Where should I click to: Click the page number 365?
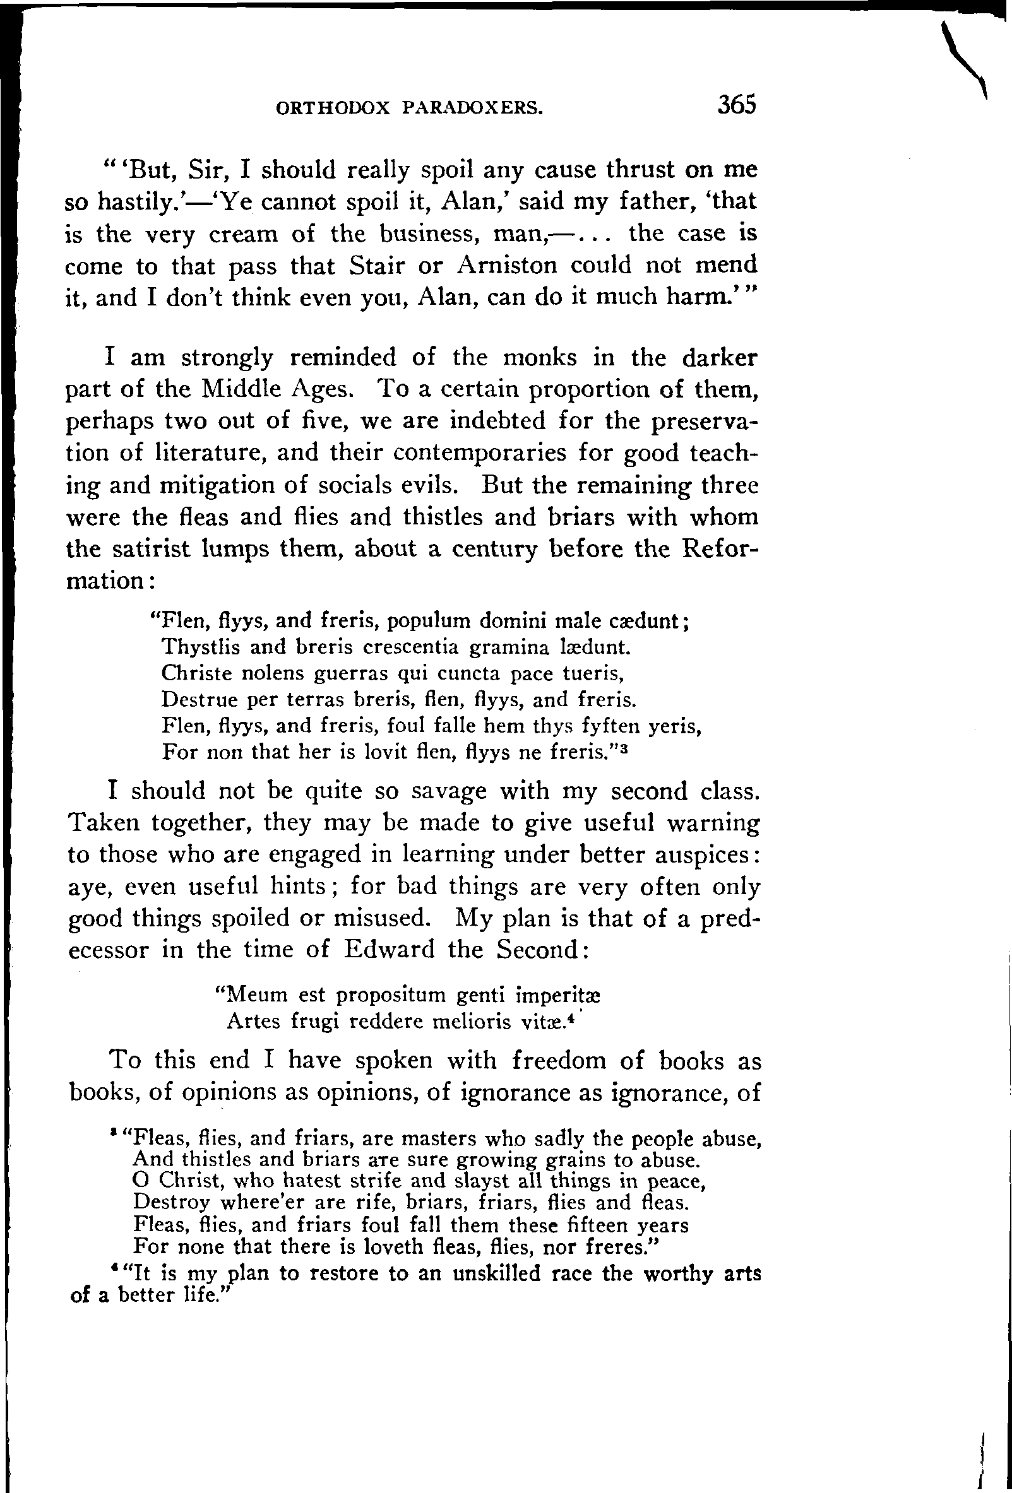point(737,105)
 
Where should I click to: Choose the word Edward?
point(389,950)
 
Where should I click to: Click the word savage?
point(448,791)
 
